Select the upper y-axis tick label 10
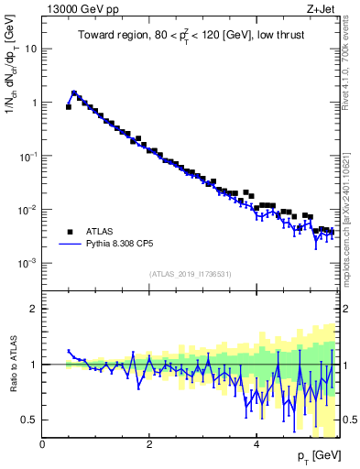[x=30, y=49]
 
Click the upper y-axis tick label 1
[x=34, y=103]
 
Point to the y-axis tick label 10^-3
[x=28, y=263]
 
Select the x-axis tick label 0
[x=42, y=444]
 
